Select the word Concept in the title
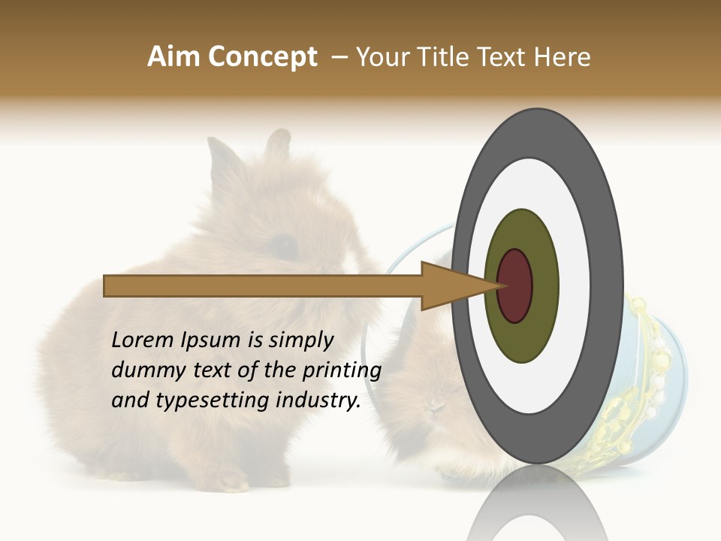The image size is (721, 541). pyautogui.click(x=262, y=57)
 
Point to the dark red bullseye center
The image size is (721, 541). pyautogui.click(x=515, y=286)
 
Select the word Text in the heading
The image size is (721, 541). pyautogui.click(x=511, y=57)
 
